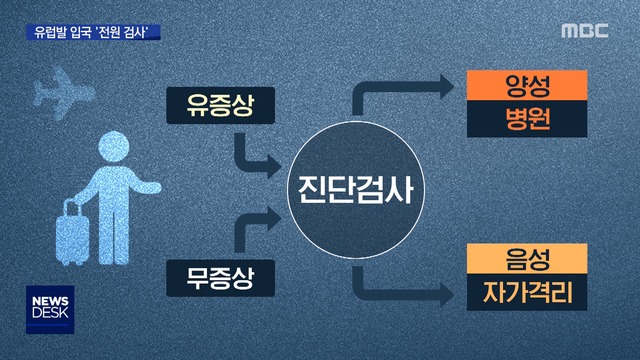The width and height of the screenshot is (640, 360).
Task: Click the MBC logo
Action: [585, 30]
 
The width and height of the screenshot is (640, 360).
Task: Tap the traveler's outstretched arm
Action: [146, 187]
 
